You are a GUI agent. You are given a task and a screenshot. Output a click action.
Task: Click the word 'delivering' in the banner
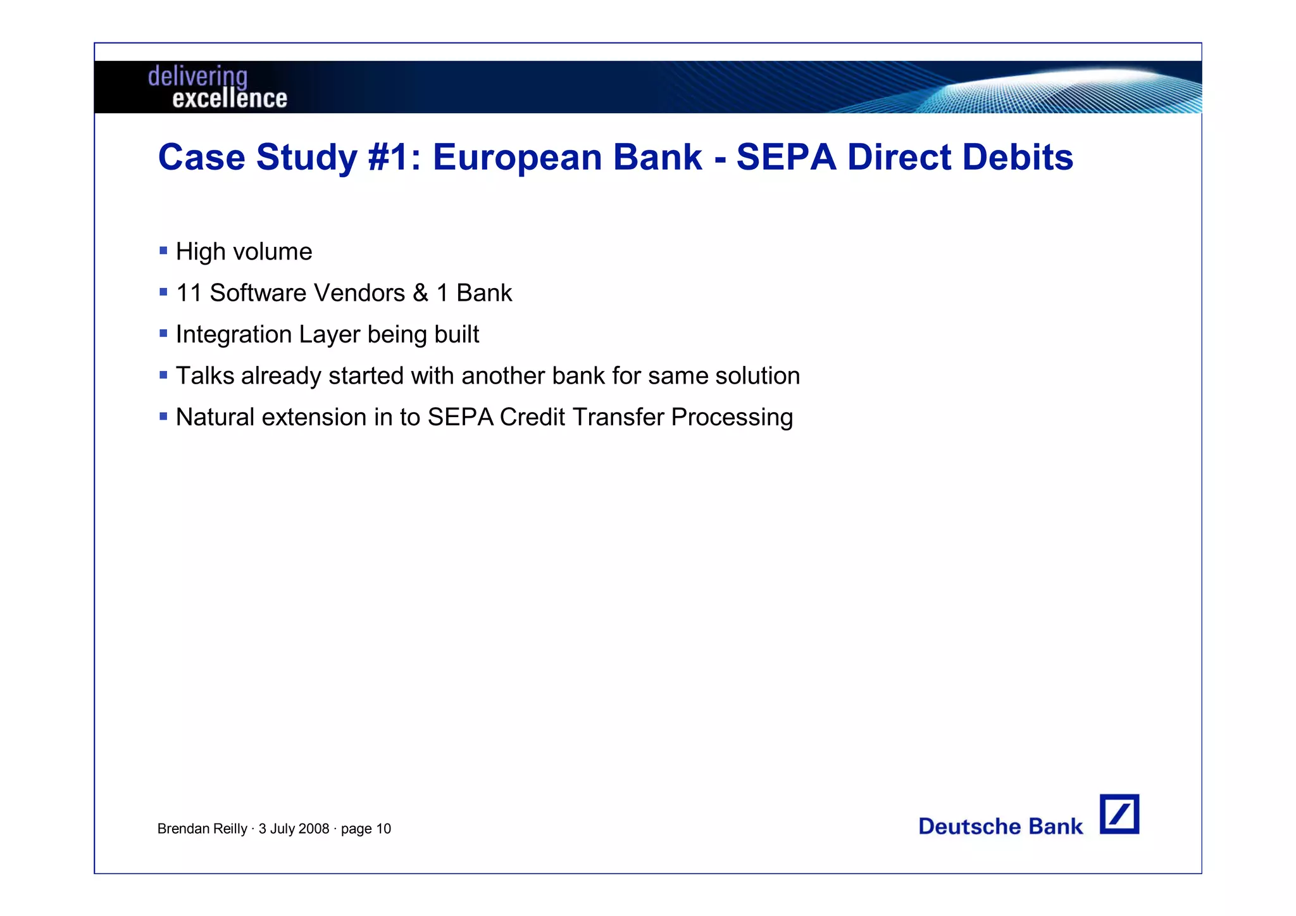[x=197, y=77]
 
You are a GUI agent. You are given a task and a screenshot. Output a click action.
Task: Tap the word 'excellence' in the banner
[x=230, y=99]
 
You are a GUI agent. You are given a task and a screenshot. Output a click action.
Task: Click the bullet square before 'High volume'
[x=163, y=251]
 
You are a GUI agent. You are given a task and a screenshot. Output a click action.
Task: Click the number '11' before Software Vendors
[x=189, y=293]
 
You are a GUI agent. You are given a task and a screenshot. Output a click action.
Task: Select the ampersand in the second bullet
[x=420, y=293]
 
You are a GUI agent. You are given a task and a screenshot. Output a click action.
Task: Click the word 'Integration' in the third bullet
[x=234, y=335]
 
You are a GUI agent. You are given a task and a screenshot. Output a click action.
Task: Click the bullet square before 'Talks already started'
[x=163, y=375]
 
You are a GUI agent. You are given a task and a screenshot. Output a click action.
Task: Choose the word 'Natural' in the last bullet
[x=215, y=417]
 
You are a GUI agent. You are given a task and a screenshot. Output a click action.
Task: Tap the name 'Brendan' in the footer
[x=180, y=829]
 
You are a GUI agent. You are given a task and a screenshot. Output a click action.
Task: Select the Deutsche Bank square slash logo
[x=1119, y=814]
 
